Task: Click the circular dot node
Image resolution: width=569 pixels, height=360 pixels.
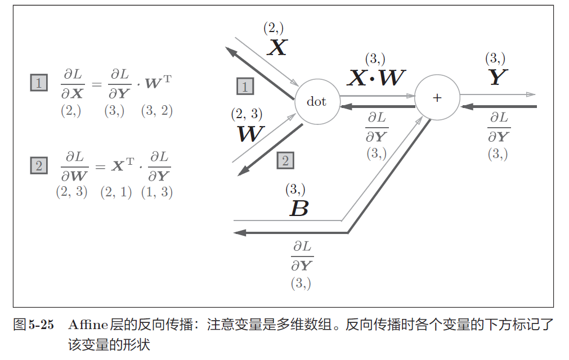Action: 317,101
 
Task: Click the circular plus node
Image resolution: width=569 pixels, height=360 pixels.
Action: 437,97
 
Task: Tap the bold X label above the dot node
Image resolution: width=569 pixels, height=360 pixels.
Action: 276,48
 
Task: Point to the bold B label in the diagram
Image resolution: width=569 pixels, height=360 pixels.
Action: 298,209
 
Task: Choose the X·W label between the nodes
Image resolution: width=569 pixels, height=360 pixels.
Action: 375,78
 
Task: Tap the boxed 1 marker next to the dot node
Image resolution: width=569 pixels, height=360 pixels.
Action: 245,86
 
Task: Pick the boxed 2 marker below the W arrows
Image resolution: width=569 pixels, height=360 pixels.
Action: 285,161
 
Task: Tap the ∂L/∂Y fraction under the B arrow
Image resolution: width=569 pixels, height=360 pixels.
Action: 302,256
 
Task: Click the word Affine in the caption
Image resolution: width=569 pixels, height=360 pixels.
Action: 87,325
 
